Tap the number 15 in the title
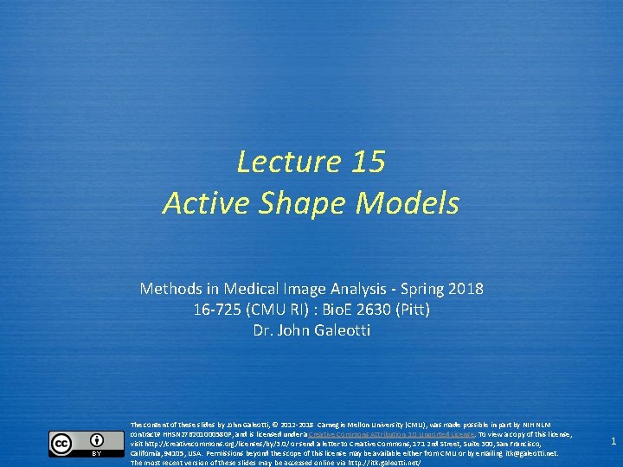[369, 162]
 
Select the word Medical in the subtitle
[254, 288]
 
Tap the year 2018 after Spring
[466, 288]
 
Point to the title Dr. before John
[263, 329]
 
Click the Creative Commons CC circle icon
[61, 444]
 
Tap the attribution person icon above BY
[96, 439]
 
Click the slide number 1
[613, 442]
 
